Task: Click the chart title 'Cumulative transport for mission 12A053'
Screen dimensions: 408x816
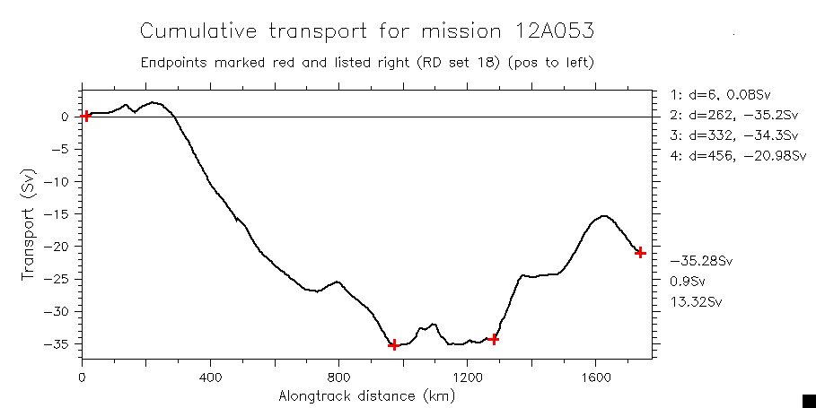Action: click(x=366, y=31)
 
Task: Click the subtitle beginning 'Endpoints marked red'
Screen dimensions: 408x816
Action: click(x=366, y=64)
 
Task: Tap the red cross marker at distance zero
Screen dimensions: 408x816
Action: click(x=85, y=116)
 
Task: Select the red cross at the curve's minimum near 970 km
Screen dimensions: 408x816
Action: click(x=393, y=344)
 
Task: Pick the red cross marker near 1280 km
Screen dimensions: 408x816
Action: click(x=494, y=339)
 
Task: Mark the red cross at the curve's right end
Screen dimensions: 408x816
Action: click(x=640, y=253)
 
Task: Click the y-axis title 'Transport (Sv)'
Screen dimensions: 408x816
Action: click(x=29, y=224)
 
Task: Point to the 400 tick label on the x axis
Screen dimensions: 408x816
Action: click(x=210, y=378)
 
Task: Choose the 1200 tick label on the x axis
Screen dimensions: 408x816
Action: click(x=467, y=378)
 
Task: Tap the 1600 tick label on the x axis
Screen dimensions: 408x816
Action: click(x=595, y=378)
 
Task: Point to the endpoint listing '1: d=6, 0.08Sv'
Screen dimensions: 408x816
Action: click(x=721, y=94)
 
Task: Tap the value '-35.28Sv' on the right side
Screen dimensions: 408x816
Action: click(x=702, y=261)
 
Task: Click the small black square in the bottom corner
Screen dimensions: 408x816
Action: click(x=808, y=400)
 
